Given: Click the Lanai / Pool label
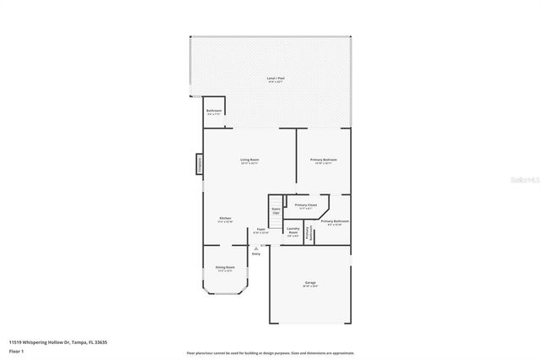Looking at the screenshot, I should pos(275,79).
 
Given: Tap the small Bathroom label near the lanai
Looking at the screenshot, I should pos(214,111).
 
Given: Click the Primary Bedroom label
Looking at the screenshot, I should pos(323,160).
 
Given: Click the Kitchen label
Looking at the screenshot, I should pos(226,219).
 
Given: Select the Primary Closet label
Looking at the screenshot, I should pos(306,205).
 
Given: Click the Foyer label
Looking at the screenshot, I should pos(262,229).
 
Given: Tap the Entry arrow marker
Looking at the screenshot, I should pos(256,247).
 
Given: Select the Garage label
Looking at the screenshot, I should pos(310,282).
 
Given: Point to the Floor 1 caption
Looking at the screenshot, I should pos(16,350).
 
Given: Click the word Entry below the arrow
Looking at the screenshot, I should pos(256,253).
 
